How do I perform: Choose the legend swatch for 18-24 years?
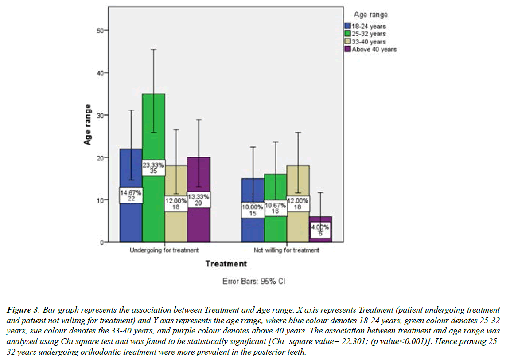point(348,26)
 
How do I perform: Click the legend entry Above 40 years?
point(374,49)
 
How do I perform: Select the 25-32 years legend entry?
point(369,34)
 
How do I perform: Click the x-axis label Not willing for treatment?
point(286,250)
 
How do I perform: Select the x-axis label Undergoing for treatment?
point(164,250)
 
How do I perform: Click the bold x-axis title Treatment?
point(226,264)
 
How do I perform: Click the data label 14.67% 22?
point(131,196)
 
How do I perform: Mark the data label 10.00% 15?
point(252,210)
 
